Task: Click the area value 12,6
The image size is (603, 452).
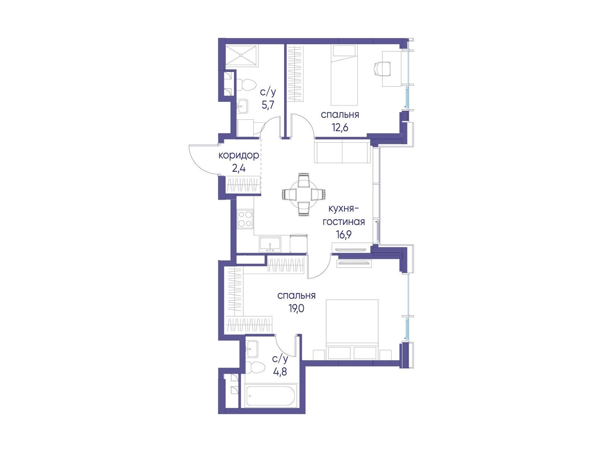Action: [x=340, y=127]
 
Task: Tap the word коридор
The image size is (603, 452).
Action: [x=239, y=156]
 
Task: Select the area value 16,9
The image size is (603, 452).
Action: [x=344, y=235]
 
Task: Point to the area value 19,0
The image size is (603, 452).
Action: [x=296, y=309]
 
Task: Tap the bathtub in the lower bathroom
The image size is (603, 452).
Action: [x=271, y=396]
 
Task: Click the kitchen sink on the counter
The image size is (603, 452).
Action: [x=78, y=244]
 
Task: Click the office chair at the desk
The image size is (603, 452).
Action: [x=382, y=68]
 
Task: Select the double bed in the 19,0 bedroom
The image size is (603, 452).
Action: [x=352, y=330]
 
